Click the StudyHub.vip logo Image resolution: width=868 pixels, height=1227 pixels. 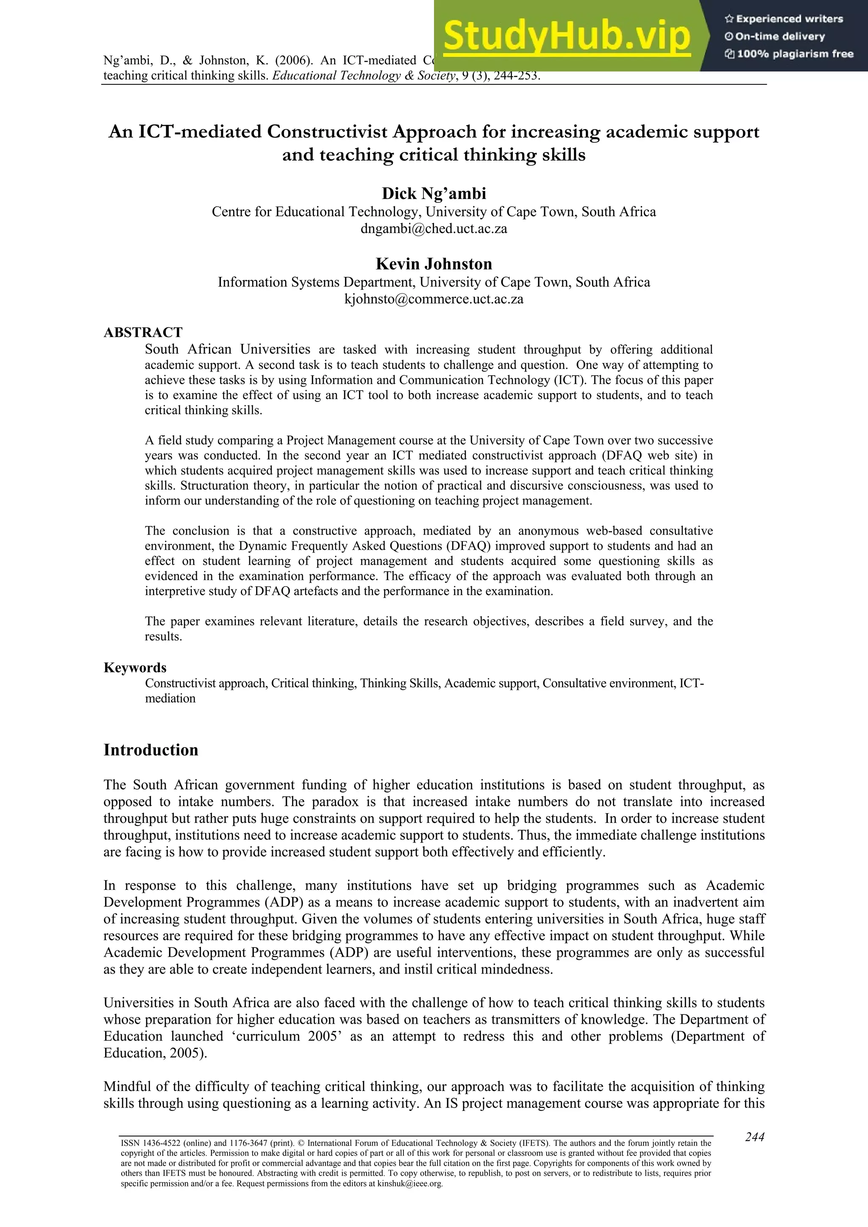pos(567,36)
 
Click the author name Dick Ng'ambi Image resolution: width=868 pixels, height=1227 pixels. pos(434,194)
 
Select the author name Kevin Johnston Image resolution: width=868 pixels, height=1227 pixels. pos(434,264)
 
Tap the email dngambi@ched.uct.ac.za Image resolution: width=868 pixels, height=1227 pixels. pos(434,229)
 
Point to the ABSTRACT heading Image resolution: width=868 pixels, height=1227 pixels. pos(143,332)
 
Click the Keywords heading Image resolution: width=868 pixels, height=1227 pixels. pos(135,668)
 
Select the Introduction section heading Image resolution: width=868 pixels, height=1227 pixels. pos(151,750)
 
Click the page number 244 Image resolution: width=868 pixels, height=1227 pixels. pos(754,1137)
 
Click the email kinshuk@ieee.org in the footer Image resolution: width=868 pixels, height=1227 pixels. pos(410,1184)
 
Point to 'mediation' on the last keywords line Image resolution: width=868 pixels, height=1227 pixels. pos(170,698)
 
